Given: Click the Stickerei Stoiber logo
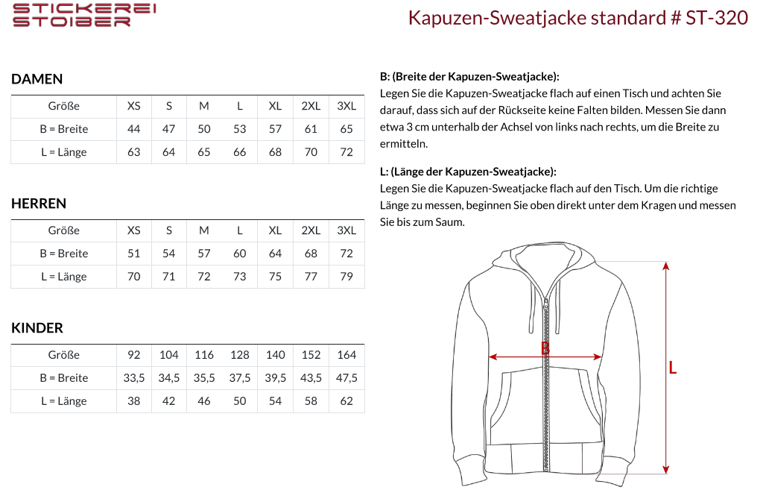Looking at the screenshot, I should (x=84, y=15).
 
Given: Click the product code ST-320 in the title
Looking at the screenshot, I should (x=717, y=18).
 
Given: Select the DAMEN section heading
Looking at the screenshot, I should (x=37, y=79).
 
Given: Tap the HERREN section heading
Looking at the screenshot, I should (x=39, y=204).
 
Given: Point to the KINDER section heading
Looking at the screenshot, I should (x=37, y=328).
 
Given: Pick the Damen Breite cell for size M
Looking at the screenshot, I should (x=204, y=129).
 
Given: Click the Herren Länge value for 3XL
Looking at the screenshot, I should (x=346, y=277).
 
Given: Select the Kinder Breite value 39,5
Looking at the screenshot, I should (x=275, y=378).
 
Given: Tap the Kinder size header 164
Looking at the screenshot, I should (x=346, y=355).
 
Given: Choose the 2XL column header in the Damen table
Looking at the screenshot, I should (x=311, y=106).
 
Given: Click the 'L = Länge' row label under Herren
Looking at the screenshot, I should (x=63, y=277).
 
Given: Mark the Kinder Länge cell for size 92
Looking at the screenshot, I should (x=134, y=401).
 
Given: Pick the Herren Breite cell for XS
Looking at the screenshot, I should (x=134, y=254).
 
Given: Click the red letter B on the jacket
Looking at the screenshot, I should (x=545, y=348).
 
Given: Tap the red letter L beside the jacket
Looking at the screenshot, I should (x=673, y=368).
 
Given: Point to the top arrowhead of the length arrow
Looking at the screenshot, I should (x=665, y=266).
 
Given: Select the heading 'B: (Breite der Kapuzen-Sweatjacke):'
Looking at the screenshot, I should (x=469, y=77).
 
